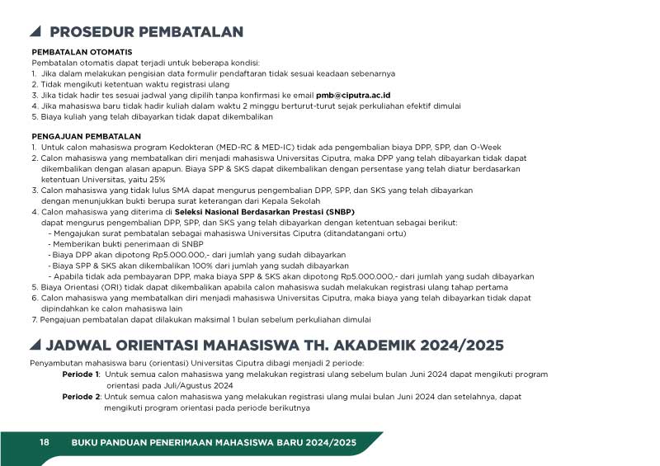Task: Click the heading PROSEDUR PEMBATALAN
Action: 146,32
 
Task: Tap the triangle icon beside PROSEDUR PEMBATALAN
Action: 35,32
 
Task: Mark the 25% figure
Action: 157,179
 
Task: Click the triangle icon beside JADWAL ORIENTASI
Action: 35,345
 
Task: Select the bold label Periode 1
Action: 81,374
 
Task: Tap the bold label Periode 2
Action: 81,396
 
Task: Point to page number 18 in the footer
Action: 45,444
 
